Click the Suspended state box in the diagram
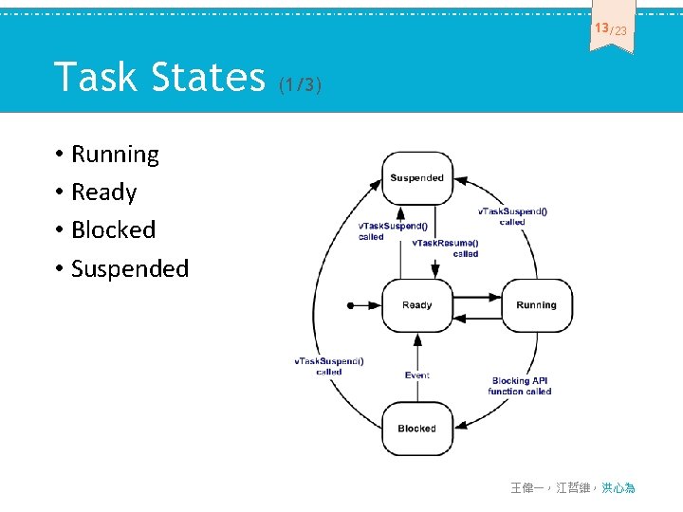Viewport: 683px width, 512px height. point(416,178)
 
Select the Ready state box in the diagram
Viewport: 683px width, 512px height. point(416,305)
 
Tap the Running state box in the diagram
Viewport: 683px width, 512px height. point(536,305)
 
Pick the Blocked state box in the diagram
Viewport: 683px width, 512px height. point(416,429)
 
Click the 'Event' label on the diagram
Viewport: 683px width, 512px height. point(417,375)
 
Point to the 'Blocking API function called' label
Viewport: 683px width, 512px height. point(519,386)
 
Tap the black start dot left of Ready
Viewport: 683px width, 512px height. point(350,305)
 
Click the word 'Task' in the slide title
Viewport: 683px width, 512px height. point(94,77)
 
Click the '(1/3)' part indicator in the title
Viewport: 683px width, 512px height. point(301,86)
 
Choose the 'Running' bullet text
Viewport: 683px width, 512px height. point(115,155)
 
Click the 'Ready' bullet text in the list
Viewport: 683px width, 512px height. point(103,192)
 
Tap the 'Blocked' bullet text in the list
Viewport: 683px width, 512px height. point(113,229)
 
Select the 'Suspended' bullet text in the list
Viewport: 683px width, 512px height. point(130,268)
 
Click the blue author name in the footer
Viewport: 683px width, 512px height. point(618,487)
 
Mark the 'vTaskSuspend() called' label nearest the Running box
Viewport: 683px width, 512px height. point(511,216)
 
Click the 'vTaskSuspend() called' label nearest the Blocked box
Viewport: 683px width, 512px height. point(328,366)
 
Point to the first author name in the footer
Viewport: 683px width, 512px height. point(526,487)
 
